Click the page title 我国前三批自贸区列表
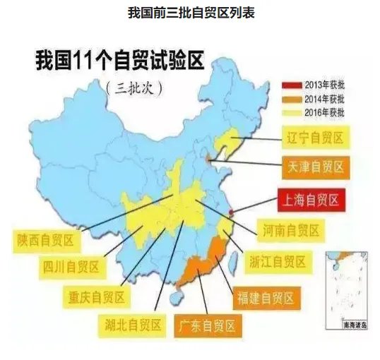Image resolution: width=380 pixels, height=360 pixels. [x=190, y=13]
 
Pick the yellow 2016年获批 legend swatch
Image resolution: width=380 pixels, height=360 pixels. [x=292, y=111]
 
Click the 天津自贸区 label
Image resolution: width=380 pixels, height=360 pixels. [x=315, y=167]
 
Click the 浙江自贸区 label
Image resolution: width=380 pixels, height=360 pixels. [x=277, y=262]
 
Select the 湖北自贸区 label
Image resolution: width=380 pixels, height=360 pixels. [x=130, y=325]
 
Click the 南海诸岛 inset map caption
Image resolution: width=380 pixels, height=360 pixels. [x=352, y=325]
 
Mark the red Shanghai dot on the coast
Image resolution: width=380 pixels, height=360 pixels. [x=233, y=208]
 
